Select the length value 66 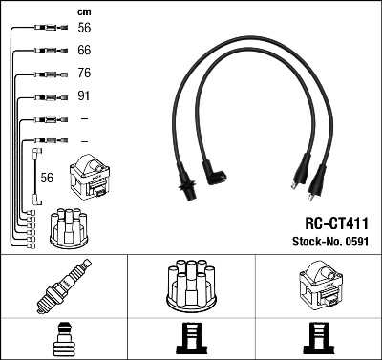click(84, 49)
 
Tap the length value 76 click(84, 73)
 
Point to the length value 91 click(84, 96)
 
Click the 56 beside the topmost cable click(84, 29)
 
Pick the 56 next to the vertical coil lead click(48, 178)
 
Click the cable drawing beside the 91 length click(48, 96)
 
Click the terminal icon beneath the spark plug click(63, 340)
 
